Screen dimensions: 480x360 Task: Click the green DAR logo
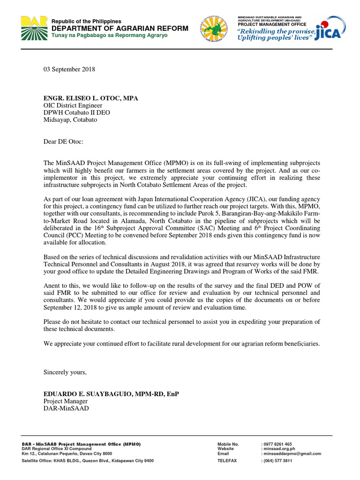coord(33,28)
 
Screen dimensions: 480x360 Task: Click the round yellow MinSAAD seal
coord(215,29)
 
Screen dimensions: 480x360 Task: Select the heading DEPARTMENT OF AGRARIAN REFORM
coord(120,29)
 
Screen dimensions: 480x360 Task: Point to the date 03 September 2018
coord(69,69)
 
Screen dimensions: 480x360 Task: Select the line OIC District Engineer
coord(73,105)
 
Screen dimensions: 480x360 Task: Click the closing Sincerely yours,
coord(65,372)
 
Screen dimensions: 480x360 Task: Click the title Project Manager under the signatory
coord(65,401)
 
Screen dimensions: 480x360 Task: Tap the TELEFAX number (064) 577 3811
coord(278,461)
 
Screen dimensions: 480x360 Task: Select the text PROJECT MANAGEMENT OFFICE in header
coord(272,24)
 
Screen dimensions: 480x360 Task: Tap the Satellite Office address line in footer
coord(88,461)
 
